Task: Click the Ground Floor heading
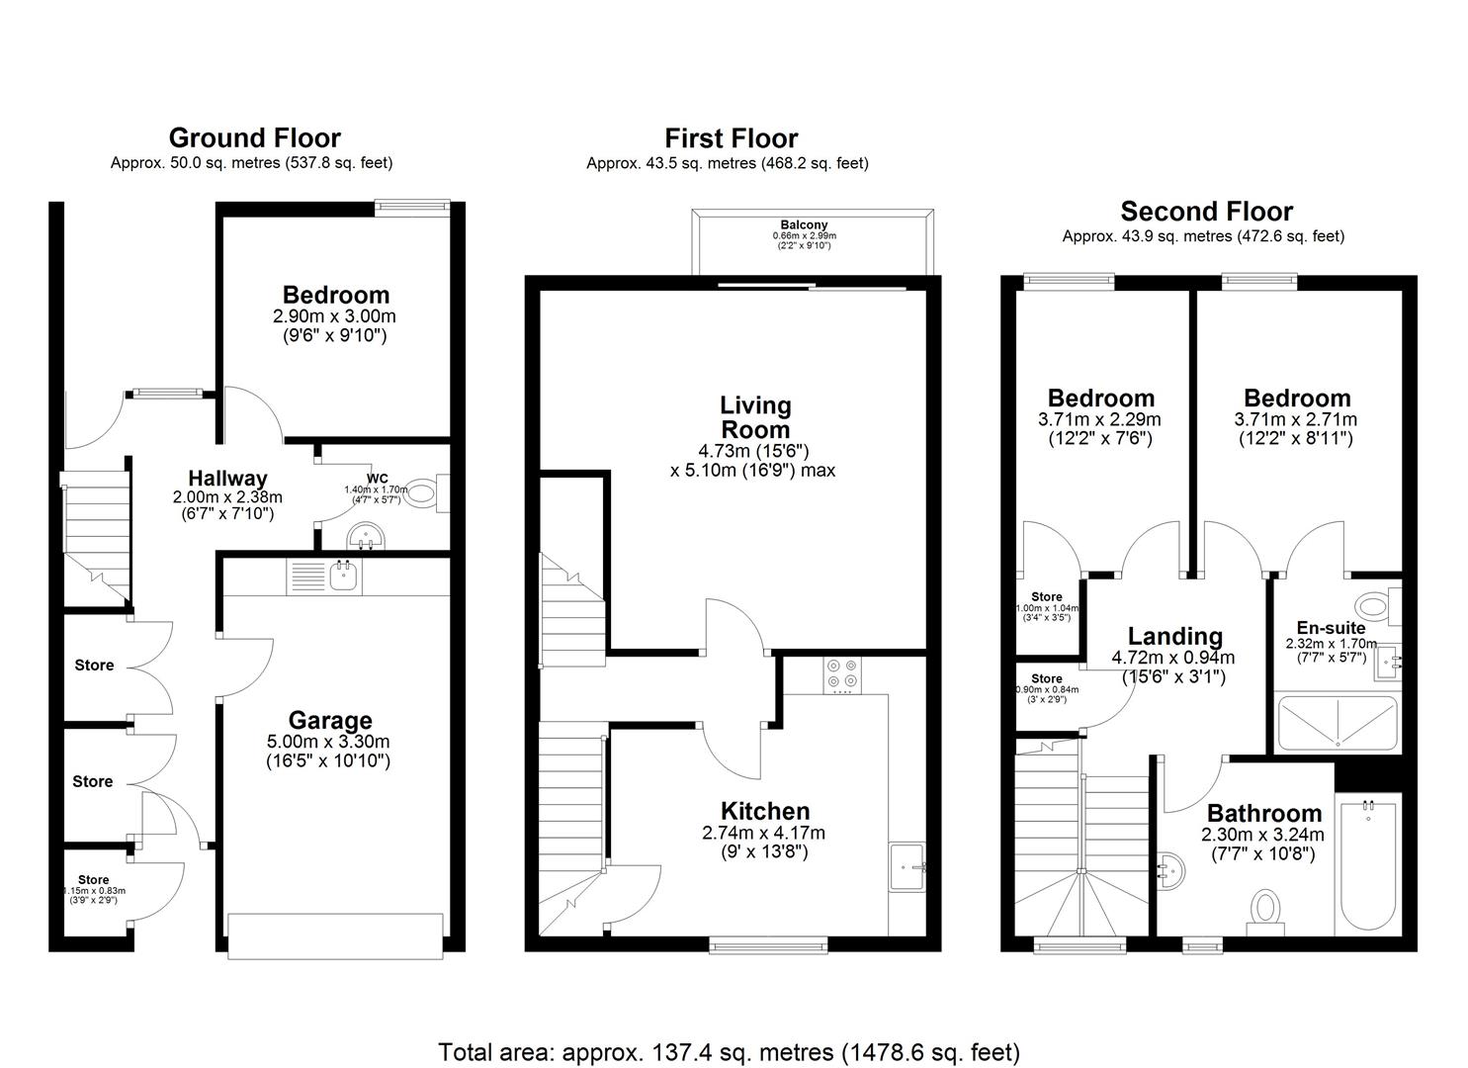pyautogui.click(x=254, y=137)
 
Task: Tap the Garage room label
pyautogui.click(x=330, y=720)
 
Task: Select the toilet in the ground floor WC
pyautogui.click(x=425, y=492)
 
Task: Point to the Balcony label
pyautogui.click(x=803, y=225)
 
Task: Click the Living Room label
pyautogui.click(x=755, y=417)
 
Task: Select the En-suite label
pyautogui.click(x=1331, y=628)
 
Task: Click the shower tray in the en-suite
pyautogui.click(x=1337, y=724)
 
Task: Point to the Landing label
pyautogui.click(x=1174, y=637)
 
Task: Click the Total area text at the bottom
pyautogui.click(x=729, y=1051)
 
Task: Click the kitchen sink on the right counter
pyautogui.click(x=907, y=867)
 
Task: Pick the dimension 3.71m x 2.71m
pyautogui.click(x=1297, y=419)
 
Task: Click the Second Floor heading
pyautogui.click(x=1206, y=211)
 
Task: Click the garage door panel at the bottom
pyautogui.click(x=335, y=935)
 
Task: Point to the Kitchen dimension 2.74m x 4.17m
pyautogui.click(x=763, y=833)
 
